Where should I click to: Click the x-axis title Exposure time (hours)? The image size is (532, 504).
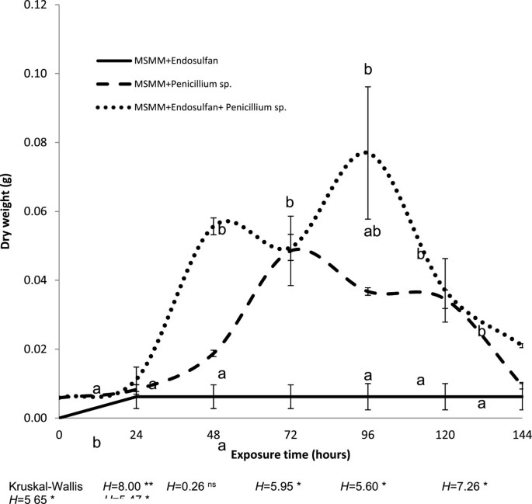[290, 453]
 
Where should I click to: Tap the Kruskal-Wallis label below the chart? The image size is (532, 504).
[39, 485]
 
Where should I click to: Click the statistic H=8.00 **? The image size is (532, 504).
[130, 485]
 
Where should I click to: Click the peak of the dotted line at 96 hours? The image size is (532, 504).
[368, 153]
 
